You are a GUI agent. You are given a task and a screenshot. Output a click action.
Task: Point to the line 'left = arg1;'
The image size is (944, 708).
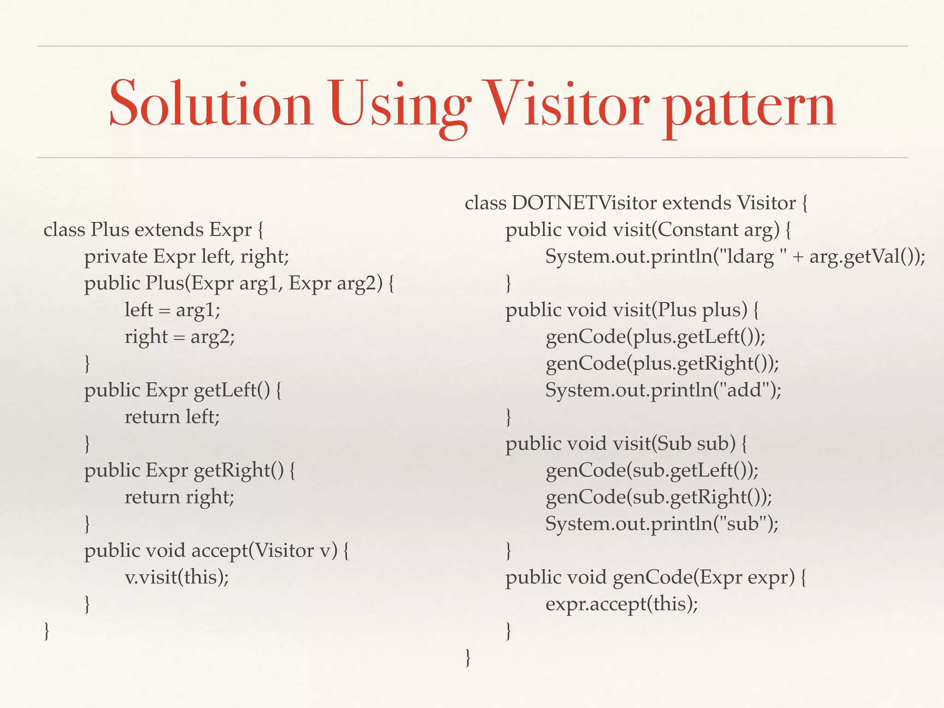(172, 310)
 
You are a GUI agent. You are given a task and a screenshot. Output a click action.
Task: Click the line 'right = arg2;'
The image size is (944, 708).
(180, 336)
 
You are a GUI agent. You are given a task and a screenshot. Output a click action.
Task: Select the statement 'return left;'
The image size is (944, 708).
(172, 417)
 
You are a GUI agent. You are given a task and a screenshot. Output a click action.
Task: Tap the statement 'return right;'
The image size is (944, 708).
(180, 497)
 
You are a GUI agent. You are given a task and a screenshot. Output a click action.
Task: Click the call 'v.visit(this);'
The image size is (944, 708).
(177, 577)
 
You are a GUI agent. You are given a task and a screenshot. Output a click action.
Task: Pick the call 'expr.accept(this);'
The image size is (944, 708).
(622, 604)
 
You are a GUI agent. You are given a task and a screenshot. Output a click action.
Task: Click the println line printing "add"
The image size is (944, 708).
(663, 390)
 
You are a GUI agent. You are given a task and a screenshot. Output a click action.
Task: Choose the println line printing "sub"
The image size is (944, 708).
(662, 524)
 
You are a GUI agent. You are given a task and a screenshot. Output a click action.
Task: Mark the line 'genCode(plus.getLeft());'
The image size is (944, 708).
(655, 337)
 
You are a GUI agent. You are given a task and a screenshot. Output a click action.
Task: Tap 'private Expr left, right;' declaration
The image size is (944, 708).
(186, 256)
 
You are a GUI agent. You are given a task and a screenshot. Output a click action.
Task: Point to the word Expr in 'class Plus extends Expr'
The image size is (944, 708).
(230, 230)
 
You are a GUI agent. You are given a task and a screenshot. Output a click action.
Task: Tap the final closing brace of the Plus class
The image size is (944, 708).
(47, 631)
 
